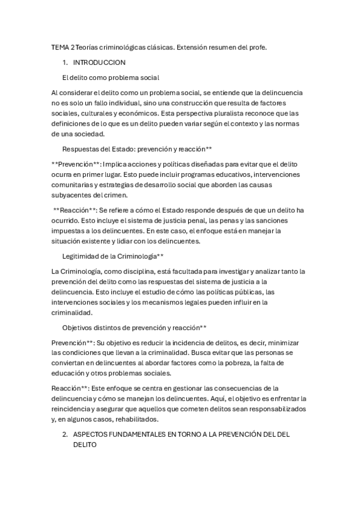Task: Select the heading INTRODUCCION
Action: (99, 62)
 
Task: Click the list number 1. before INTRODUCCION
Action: (65, 62)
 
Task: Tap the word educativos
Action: (207, 174)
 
